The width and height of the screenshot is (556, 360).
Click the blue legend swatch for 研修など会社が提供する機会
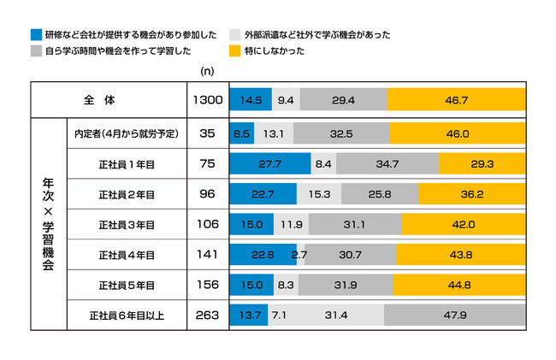click(35, 35)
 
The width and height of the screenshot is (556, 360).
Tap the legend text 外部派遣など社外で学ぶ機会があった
click(317, 35)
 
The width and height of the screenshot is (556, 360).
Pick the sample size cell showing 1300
click(209, 100)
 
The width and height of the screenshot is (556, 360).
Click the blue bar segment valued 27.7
click(269, 163)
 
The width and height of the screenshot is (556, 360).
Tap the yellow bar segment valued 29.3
click(482, 163)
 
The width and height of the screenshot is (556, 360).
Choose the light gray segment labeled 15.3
click(320, 194)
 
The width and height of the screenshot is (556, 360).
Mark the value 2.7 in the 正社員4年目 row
click(299, 255)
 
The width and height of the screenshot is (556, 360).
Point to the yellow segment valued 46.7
click(457, 100)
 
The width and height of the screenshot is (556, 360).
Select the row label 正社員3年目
click(126, 225)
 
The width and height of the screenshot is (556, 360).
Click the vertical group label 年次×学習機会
click(48, 224)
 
